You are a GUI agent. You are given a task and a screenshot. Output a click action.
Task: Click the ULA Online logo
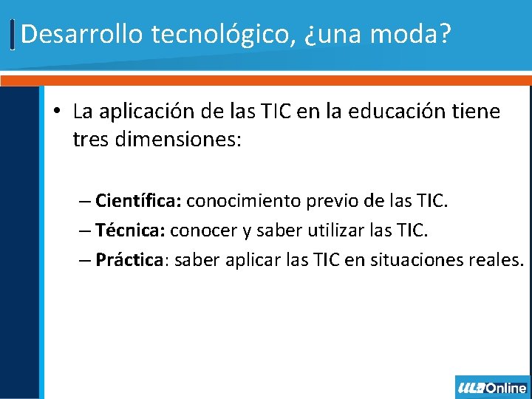click(492, 387)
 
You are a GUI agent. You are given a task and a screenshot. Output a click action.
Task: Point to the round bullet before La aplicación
click(58, 112)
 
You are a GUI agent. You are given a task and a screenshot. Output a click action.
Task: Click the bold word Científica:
click(139, 201)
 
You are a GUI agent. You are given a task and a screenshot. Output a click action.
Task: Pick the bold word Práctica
click(129, 260)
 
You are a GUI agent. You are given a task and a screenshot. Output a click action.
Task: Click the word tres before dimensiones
click(91, 139)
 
